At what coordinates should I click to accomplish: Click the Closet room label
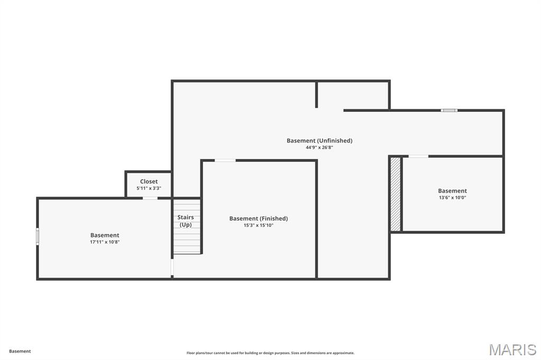[148, 182]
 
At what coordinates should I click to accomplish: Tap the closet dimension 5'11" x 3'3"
[148, 188]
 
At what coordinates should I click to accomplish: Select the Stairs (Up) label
[185, 221]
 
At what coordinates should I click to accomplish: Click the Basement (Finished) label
[258, 219]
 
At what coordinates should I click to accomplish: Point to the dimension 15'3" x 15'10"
[258, 225]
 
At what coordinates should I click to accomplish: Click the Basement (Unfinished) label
[319, 140]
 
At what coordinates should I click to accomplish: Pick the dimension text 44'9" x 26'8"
[319, 147]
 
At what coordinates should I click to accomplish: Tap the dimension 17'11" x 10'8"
[105, 242]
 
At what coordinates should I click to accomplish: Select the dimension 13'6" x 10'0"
[452, 198]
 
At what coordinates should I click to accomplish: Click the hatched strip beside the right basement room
[395, 194]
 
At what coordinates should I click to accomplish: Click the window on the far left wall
[38, 236]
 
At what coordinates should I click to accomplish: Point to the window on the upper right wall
[449, 110]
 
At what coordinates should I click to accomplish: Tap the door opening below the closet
[150, 198]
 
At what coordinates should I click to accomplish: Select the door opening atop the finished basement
[225, 160]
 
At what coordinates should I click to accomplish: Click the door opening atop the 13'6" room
[418, 156]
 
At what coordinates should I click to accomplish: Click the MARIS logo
[512, 349]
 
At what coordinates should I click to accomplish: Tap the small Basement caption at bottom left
[20, 351]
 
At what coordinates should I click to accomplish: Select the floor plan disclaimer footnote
[270, 353]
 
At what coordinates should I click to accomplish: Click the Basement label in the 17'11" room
[105, 235]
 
